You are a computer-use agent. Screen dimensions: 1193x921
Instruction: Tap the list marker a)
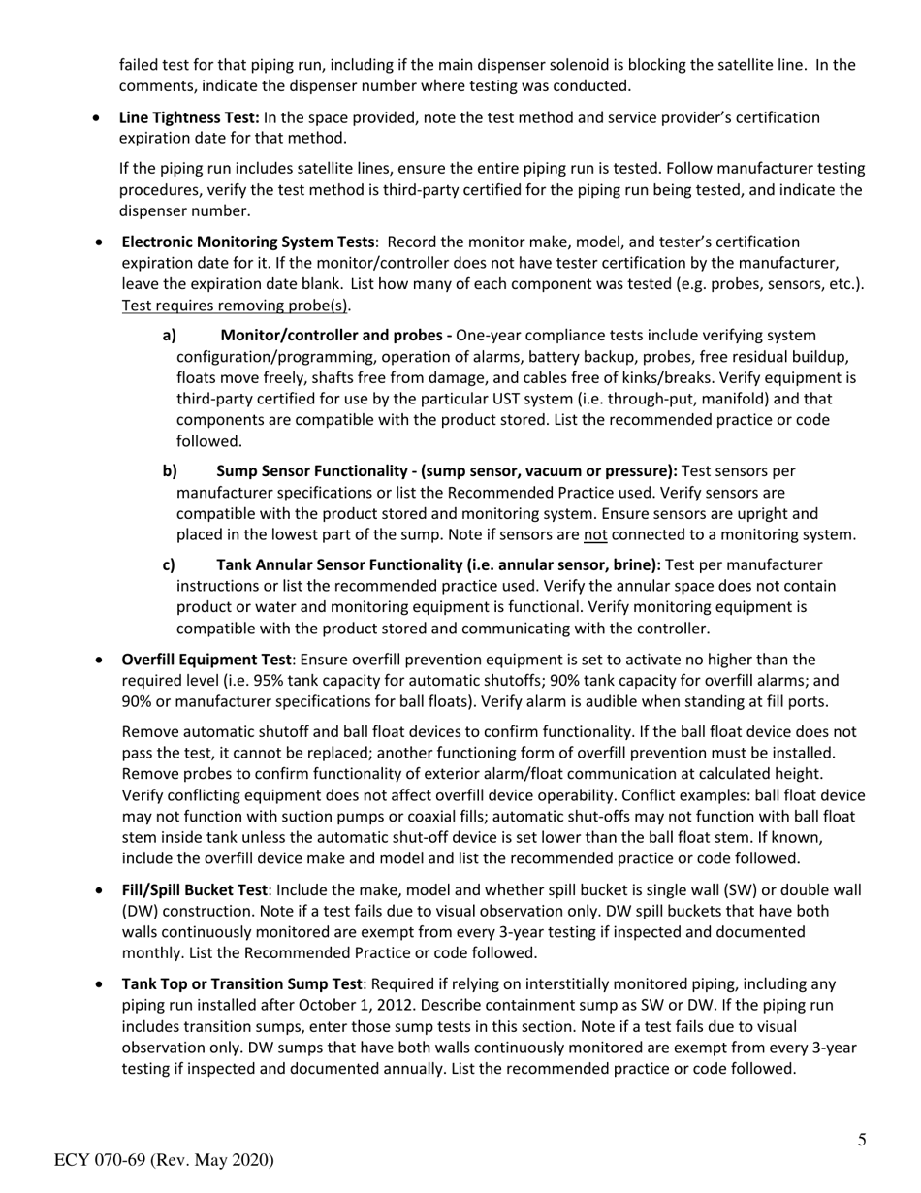169,335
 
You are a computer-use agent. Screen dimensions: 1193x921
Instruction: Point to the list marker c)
169,564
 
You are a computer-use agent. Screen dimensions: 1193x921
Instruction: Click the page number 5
862,1140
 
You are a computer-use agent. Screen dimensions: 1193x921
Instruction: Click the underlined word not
594,535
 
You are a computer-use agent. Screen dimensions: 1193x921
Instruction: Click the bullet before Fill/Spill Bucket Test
100,890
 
